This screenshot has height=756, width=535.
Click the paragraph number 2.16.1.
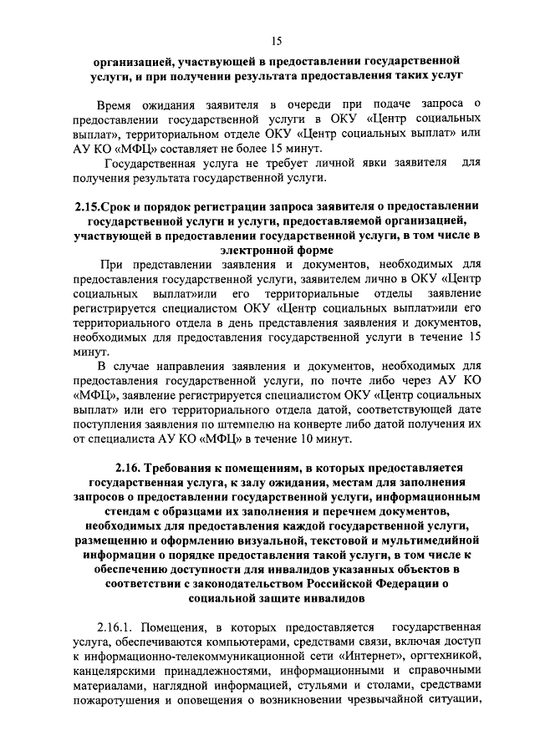point(115,626)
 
